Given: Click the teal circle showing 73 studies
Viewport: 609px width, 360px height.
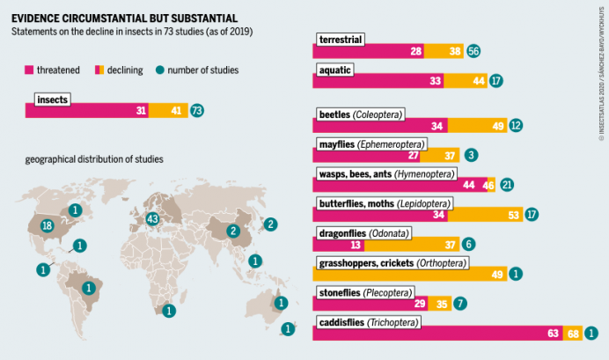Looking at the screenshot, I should [197, 111].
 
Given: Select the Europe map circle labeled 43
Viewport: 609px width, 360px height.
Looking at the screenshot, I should [152, 218].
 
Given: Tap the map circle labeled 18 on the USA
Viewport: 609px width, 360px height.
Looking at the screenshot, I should [48, 226].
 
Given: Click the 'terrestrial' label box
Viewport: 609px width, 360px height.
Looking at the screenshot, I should [341, 40].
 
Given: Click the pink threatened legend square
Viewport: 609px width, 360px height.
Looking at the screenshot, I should [29, 70].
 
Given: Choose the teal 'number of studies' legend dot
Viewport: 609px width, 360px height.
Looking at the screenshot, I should [159, 70].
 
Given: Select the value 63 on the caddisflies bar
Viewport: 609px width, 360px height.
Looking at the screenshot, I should [554, 334].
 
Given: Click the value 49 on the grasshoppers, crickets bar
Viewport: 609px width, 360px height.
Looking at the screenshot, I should [497, 275].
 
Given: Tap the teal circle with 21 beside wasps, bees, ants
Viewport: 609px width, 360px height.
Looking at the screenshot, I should [507, 185].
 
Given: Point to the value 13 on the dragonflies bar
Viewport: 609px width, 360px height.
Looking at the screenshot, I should [356, 245].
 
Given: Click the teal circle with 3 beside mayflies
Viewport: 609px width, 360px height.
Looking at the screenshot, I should [472, 155].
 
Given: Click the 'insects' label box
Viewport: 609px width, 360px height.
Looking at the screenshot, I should [54, 99].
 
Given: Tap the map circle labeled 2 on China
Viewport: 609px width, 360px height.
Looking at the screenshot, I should [233, 231].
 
